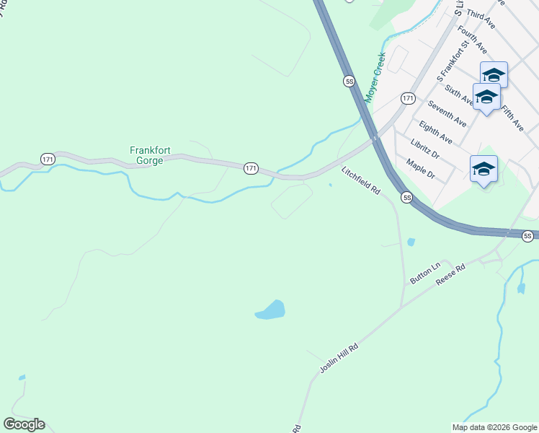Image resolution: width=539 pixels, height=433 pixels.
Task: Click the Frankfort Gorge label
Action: (x=146, y=155)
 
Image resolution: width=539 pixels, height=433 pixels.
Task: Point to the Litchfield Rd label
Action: (x=361, y=180)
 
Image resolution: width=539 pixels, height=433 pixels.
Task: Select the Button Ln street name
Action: (x=424, y=272)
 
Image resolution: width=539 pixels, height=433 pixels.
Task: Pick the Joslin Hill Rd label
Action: (x=339, y=358)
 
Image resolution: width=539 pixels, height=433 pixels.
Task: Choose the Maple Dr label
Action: (x=421, y=170)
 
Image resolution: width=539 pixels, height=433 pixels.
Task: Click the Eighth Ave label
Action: (x=435, y=134)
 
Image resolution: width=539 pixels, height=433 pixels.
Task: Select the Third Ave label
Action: (x=481, y=19)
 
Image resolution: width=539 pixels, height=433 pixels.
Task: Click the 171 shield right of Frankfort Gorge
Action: (x=250, y=167)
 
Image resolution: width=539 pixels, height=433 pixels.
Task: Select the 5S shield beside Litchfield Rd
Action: (x=406, y=197)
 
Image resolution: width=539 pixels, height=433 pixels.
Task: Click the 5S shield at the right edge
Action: (x=528, y=236)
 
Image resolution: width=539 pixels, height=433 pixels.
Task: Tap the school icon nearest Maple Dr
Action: (x=484, y=170)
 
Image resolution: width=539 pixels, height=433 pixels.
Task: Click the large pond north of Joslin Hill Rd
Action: (x=271, y=310)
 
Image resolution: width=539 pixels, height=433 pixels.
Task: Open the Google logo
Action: (x=24, y=424)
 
